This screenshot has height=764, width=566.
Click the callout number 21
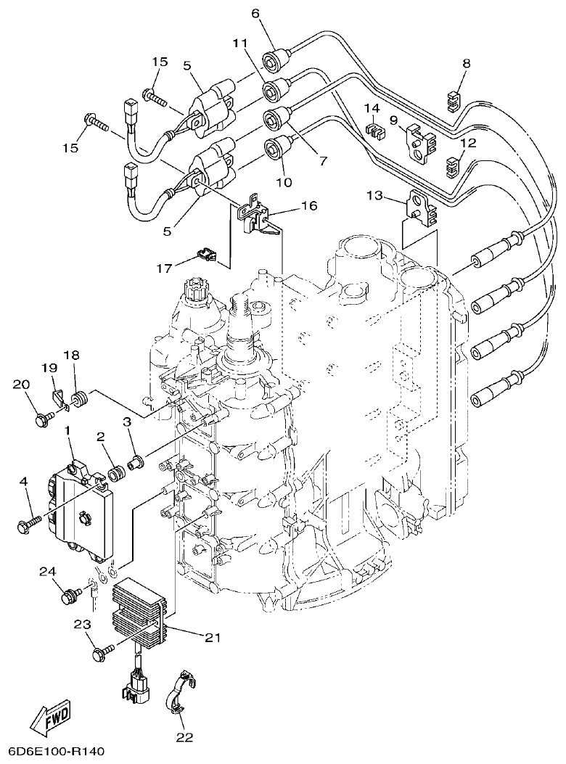[x=212, y=638]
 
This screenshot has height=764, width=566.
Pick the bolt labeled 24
[x=70, y=597]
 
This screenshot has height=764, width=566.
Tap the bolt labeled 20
[x=41, y=419]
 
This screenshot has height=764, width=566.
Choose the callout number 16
[x=309, y=206]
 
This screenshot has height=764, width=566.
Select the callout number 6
[x=255, y=12]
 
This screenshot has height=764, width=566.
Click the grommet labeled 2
[x=114, y=476]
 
